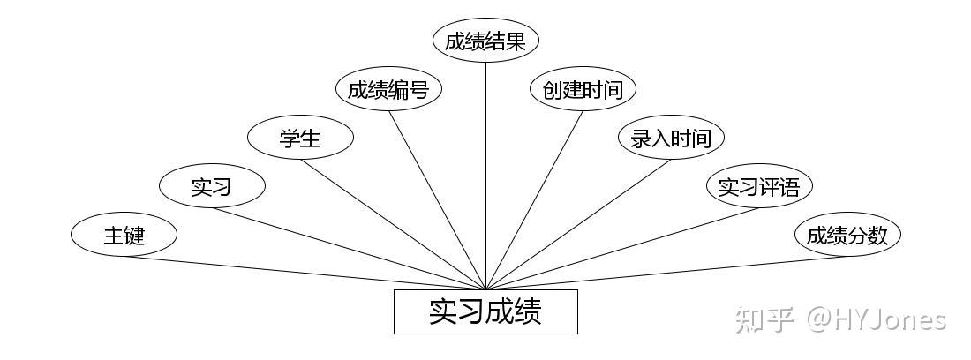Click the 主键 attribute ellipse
click(124, 235)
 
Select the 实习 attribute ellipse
click(212, 186)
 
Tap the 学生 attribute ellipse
click(300, 138)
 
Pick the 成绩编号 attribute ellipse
click(388, 89)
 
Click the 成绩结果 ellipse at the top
click(485, 41)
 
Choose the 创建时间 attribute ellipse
click(583, 89)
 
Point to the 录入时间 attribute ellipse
click(671, 138)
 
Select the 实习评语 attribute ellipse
click(759, 186)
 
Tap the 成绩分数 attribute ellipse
click(847, 235)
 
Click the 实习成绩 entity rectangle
click(485, 311)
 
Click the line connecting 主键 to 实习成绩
click(305, 273)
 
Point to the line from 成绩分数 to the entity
click(666, 273)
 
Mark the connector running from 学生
click(393, 223)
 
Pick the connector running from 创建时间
click(534, 199)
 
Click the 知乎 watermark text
click(764, 319)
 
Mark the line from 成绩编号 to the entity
click(437, 199)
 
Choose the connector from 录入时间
click(578, 223)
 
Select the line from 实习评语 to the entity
click(622, 248)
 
